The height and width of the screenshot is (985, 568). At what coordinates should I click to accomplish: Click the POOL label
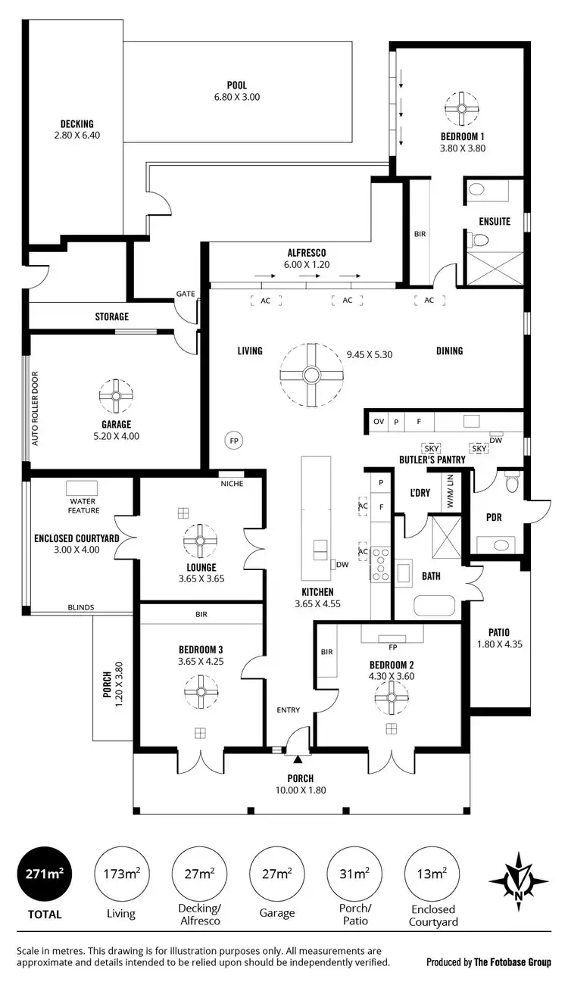point(237,85)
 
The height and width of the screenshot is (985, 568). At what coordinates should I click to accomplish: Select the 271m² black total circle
point(45,874)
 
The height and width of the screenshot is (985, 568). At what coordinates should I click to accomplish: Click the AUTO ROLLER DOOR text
point(35,408)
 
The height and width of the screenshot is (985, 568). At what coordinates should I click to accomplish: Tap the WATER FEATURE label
point(84,506)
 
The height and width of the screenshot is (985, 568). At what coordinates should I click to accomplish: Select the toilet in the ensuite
point(479,240)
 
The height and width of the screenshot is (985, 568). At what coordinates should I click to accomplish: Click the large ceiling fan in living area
point(311,374)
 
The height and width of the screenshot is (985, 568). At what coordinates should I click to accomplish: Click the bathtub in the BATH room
point(435,606)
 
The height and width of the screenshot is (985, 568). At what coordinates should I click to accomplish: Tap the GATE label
point(186,294)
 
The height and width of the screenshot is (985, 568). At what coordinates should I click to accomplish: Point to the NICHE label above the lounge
point(232,484)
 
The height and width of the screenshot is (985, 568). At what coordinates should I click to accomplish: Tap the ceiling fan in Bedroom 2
point(392,697)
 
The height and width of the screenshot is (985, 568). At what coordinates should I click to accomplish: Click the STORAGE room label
point(111,316)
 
